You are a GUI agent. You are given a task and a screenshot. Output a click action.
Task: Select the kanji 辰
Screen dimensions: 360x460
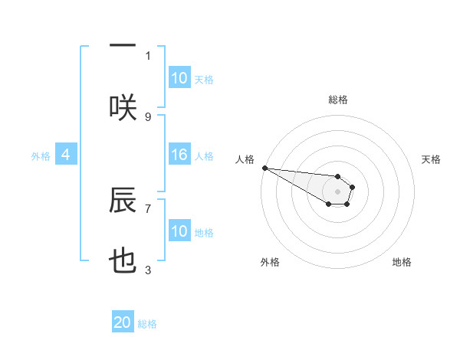(x=123, y=201)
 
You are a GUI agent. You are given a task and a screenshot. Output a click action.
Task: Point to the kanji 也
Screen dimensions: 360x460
(x=123, y=263)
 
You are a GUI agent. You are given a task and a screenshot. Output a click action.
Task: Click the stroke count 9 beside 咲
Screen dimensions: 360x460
(x=148, y=117)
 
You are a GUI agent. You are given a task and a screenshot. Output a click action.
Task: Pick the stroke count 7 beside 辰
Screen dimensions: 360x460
(x=148, y=208)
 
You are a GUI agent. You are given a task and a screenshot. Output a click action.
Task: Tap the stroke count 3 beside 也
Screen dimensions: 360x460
(x=148, y=270)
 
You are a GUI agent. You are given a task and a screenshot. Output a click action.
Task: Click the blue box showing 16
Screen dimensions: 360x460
(x=179, y=155)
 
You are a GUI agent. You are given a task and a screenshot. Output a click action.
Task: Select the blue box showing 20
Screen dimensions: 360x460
(x=123, y=322)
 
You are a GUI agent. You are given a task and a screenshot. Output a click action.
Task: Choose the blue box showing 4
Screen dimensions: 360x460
(x=66, y=155)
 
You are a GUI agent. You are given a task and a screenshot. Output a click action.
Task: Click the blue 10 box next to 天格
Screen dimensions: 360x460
(x=179, y=78)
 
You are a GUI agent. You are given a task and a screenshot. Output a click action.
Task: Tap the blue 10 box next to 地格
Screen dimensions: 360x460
(x=179, y=231)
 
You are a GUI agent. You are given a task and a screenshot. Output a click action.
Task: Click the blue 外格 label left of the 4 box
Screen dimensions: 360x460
(x=41, y=155)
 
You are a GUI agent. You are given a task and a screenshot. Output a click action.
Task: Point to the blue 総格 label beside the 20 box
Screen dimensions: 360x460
(x=147, y=324)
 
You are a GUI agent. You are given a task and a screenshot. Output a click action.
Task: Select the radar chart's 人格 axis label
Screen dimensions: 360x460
(x=245, y=159)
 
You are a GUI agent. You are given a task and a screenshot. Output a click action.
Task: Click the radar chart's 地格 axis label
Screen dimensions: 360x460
(x=402, y=262)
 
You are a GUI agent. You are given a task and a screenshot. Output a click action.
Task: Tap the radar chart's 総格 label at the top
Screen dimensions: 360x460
(x=338, y=100)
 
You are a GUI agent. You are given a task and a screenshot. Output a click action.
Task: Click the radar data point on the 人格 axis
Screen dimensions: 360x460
(x=264, y=168)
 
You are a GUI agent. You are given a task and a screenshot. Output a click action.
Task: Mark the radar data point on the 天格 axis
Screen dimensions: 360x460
(x=352, y=187)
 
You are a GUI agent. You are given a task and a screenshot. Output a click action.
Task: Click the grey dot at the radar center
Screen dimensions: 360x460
(x=337, y=191)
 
